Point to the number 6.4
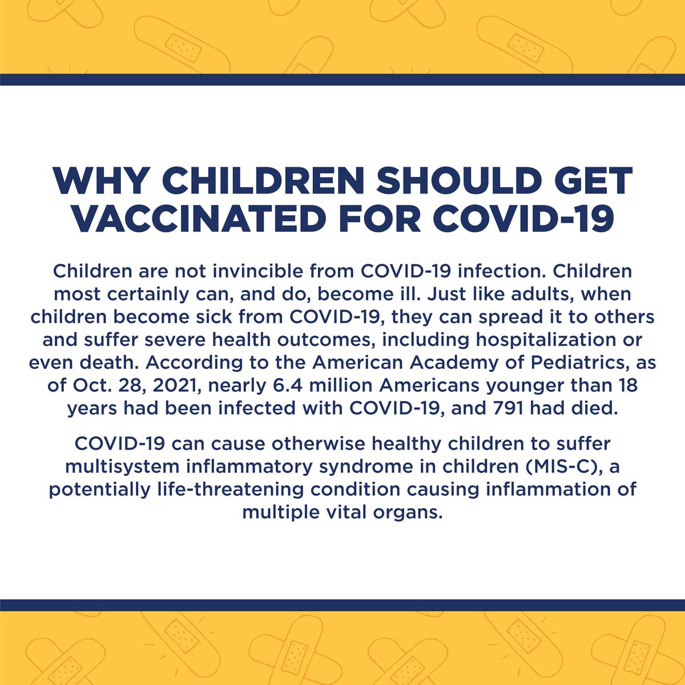(288, 386)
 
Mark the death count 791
(508, 409)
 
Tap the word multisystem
(122, 467)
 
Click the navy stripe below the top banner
(342, 79)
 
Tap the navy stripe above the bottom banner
(342, 605)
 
